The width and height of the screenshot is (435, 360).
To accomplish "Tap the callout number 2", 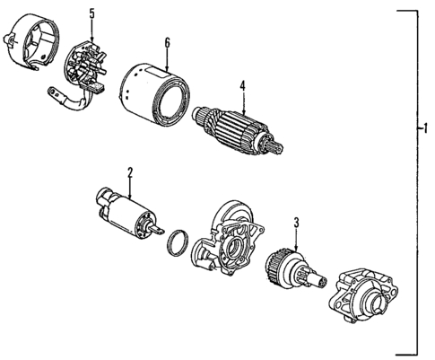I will click(x=130, y=171).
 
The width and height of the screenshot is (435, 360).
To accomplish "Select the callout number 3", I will click(x=296, y=221).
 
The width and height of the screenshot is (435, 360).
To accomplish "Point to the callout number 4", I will click(x=241, y=87).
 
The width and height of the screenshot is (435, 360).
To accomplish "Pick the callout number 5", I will click(x=91, y=13).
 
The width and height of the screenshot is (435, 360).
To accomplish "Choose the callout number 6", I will click(x=166, y=42).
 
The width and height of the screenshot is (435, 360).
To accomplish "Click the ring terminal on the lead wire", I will click(x=50, y=92).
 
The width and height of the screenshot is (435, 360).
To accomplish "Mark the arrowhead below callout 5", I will click(x=91, y=35).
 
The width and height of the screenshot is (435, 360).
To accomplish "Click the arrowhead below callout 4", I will click(x=241, y=106).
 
